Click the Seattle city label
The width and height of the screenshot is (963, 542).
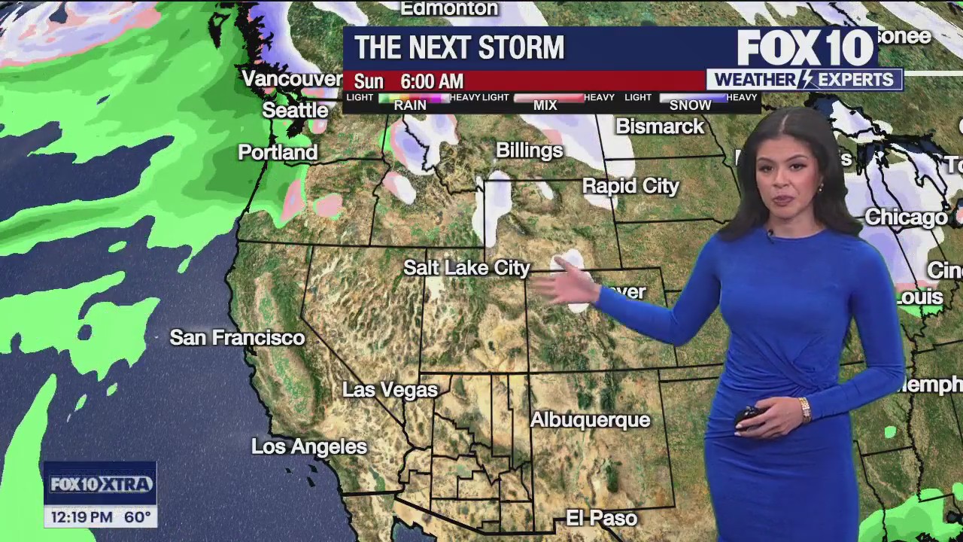tap(295, 111)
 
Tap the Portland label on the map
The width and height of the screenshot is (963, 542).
tap(278, 153)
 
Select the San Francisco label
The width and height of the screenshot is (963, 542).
tap(237, 338)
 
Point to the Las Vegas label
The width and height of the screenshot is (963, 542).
tap(390, 390)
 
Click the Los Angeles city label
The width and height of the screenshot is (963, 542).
tap(309, 447)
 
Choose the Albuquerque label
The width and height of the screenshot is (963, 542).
tap(590, 420)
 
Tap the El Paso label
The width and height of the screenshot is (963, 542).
tap(601, 519)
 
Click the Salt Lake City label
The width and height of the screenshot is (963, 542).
tap(466, 268)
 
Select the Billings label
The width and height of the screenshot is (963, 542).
tap(529, 151)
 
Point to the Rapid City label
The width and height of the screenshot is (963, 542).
tap(630, 186)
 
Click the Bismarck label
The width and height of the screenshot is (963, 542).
tap(660, 126)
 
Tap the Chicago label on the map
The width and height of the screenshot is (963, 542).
tap(906, 218)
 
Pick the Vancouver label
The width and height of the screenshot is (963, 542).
tap(292, 79)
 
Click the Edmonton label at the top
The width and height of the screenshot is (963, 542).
tap(449, 9)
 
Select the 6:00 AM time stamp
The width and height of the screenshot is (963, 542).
tap(432, 81)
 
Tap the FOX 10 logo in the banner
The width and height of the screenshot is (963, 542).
tap(805, 48)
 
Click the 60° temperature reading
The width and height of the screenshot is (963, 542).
tap(138, 517)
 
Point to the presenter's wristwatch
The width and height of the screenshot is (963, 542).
tap(805, 409)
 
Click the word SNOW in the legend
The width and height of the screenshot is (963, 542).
tap(690, 105)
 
